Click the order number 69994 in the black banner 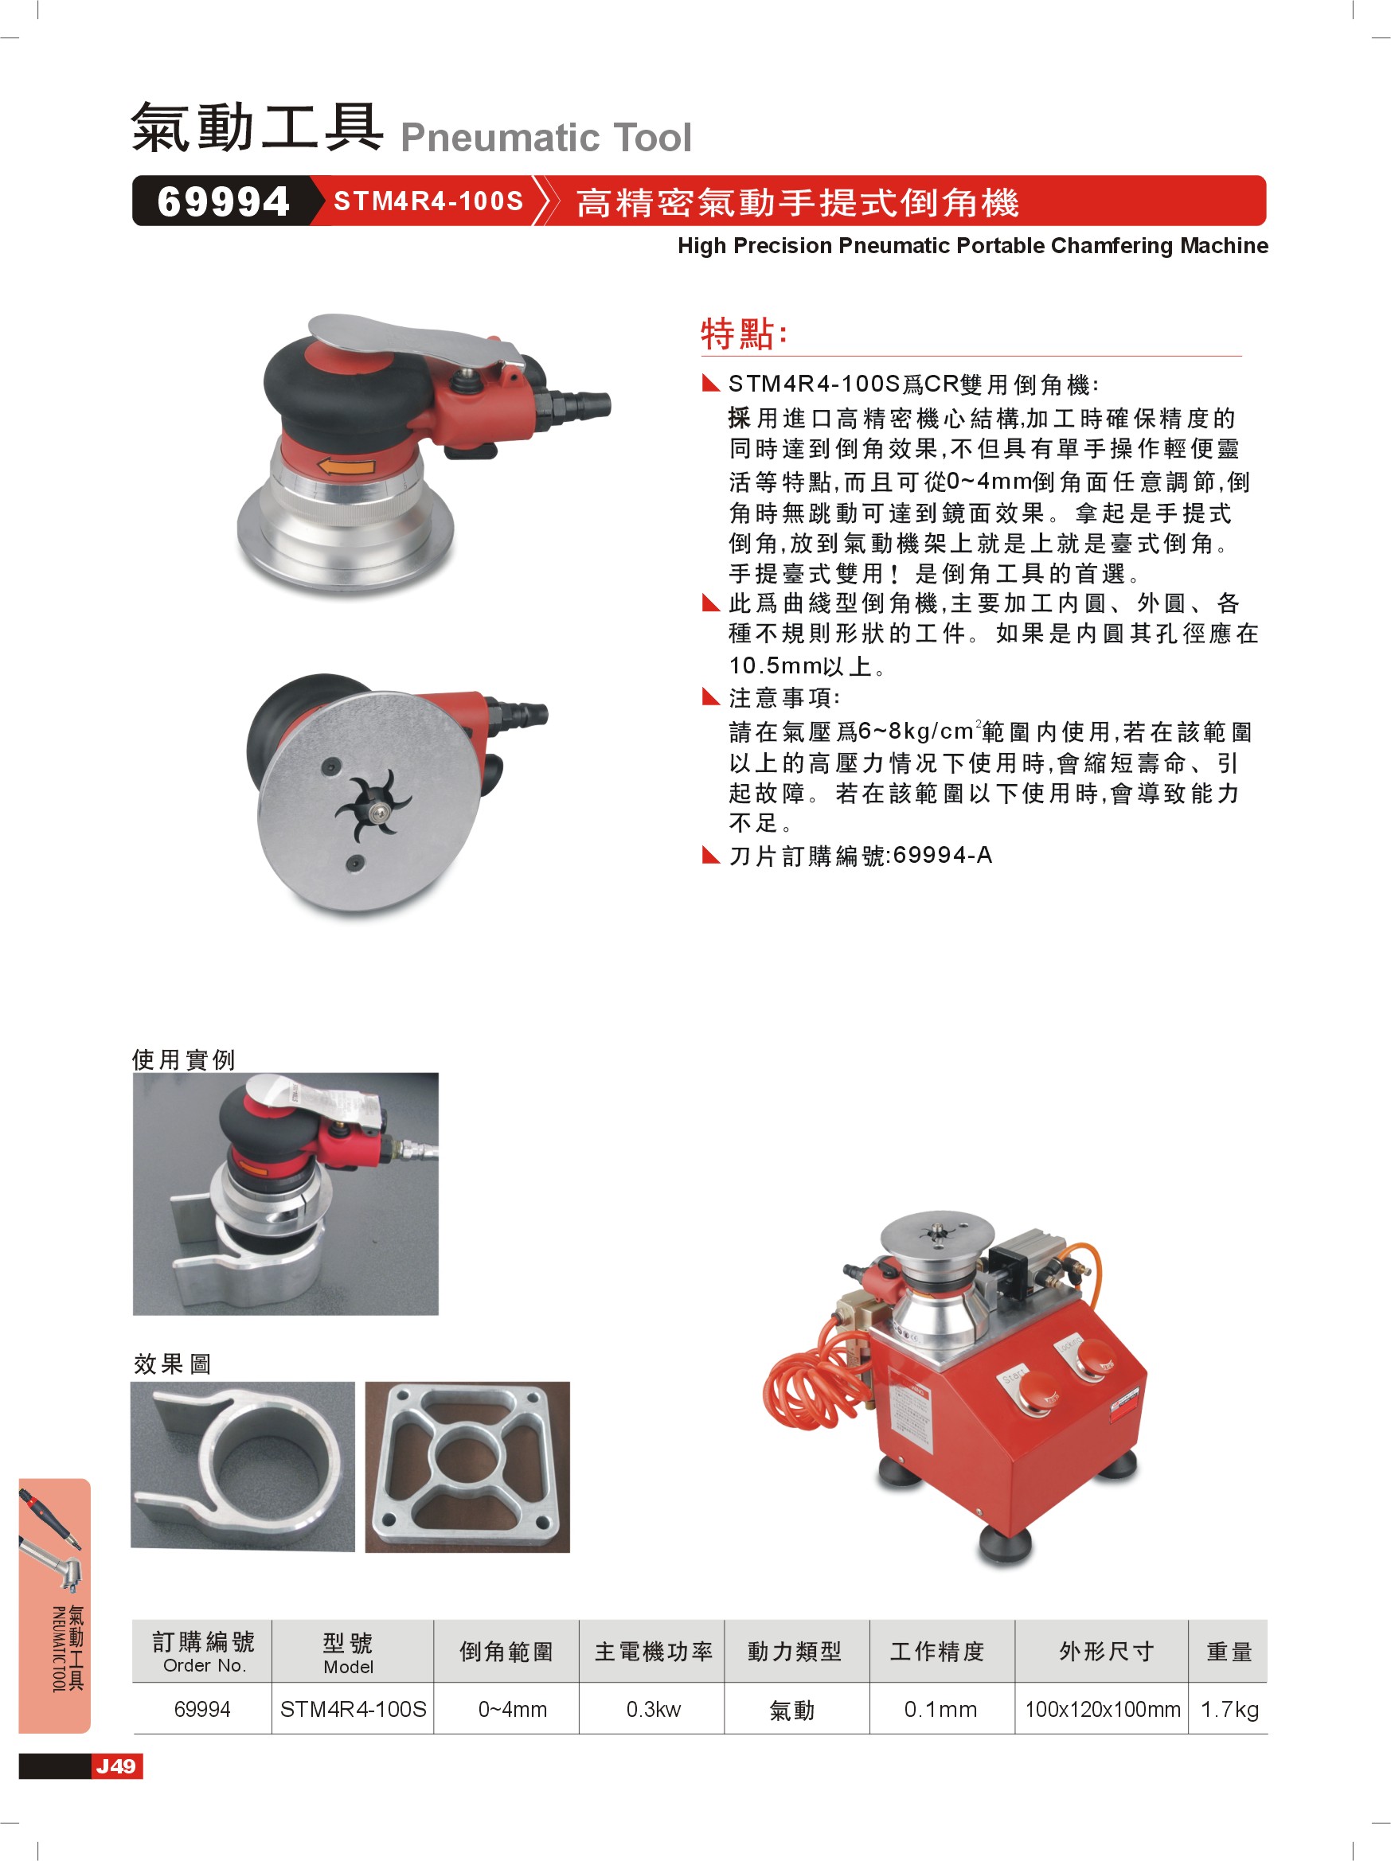(223, 202)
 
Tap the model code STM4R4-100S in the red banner (428, 201)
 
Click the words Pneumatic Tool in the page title (546, 137)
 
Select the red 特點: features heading (744, 334)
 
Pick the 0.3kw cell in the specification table (653, 1709)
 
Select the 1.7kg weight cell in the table (1229, 1709)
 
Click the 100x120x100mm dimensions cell (1102, 1709)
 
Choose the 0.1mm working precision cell (941, 1709)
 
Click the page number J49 (116, 1765)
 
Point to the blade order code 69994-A (943, 855)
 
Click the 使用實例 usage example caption (183, 1059)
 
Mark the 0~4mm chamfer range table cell (513, 1709)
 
